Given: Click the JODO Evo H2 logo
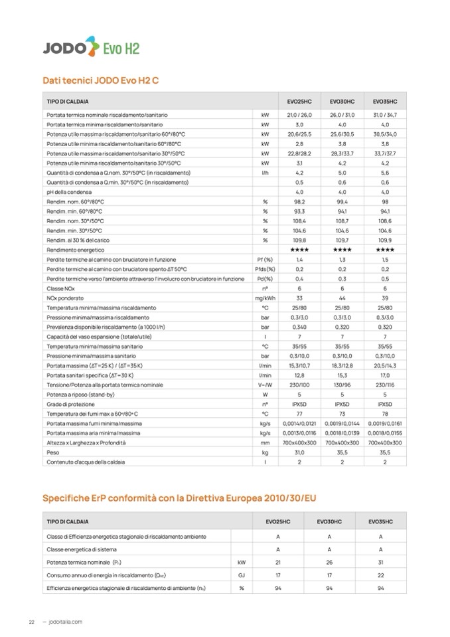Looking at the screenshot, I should click(91, 48).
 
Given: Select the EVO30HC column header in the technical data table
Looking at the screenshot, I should click(342, 101).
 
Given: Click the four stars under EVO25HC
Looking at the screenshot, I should click(299, 249).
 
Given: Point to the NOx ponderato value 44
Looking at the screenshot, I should click(342, 298).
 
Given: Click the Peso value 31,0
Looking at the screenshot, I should click(299, 452).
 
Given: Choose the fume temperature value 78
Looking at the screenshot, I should click(385, 413).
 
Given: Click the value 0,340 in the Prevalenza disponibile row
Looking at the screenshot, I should click(299, 327).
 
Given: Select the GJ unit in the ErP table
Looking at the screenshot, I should click(242, 575).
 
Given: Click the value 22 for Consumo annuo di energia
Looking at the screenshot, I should click(380, 575).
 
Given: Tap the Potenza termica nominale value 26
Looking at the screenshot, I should click(330, 562).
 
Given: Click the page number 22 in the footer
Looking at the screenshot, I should click(31, 622).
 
